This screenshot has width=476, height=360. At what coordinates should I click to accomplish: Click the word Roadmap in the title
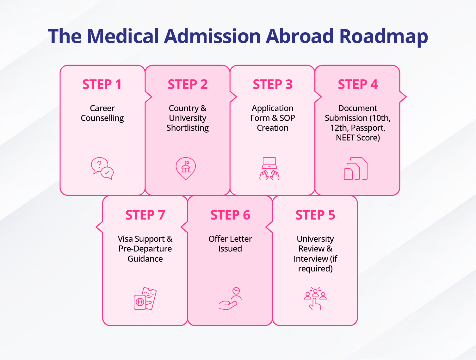point(383,36)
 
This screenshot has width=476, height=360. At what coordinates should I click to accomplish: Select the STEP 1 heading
point(102,84)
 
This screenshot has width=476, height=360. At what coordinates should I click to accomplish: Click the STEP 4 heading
point(358,84)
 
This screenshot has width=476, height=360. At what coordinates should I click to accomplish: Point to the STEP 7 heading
point(145,215)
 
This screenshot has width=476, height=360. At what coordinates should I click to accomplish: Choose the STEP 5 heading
point(315,215)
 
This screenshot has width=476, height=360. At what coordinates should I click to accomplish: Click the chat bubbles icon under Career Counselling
point(102,169)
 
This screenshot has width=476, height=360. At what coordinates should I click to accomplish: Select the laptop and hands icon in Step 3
point(269,169)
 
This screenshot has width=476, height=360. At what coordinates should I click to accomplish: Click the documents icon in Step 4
point(355,169)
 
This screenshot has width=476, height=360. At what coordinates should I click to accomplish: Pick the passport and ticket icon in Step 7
point(145,299)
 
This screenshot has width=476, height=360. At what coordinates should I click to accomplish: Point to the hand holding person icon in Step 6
point(230,299)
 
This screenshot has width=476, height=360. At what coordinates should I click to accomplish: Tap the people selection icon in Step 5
point(315,299)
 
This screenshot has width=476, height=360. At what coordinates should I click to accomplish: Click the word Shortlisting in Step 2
point(188,128)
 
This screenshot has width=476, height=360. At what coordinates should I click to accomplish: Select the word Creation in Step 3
point(273,128)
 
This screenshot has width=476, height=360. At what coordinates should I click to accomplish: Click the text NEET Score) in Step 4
point(358,138)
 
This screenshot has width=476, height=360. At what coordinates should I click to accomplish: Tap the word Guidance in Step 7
point(145,259)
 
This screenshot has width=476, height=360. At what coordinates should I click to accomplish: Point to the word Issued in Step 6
point(230,249)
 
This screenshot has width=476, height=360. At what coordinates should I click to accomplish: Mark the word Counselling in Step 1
point(102,118)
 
